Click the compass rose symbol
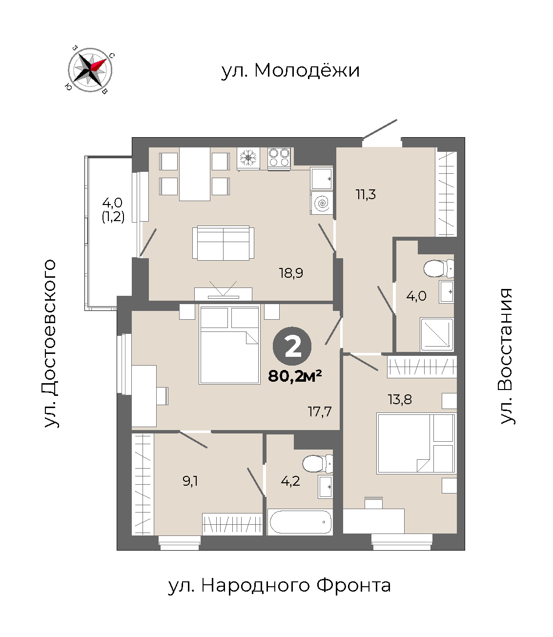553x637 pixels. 90,70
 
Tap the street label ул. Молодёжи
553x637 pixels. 290,71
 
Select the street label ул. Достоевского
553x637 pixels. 50,344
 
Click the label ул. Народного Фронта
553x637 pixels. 279,586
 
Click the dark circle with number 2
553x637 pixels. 292,346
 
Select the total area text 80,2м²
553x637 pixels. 295,376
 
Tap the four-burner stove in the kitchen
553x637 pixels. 279,159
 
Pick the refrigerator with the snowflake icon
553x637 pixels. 248,159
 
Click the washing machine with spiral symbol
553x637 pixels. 322,203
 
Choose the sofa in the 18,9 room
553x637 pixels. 223,243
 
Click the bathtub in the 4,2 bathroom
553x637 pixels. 300,522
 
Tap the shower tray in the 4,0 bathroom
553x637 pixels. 437,334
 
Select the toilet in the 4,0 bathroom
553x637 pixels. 439,268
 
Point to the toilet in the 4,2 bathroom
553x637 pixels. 318,464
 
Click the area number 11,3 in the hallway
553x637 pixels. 366,195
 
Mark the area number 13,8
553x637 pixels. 400,399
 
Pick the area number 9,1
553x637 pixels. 190,481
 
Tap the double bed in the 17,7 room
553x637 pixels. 229,345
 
